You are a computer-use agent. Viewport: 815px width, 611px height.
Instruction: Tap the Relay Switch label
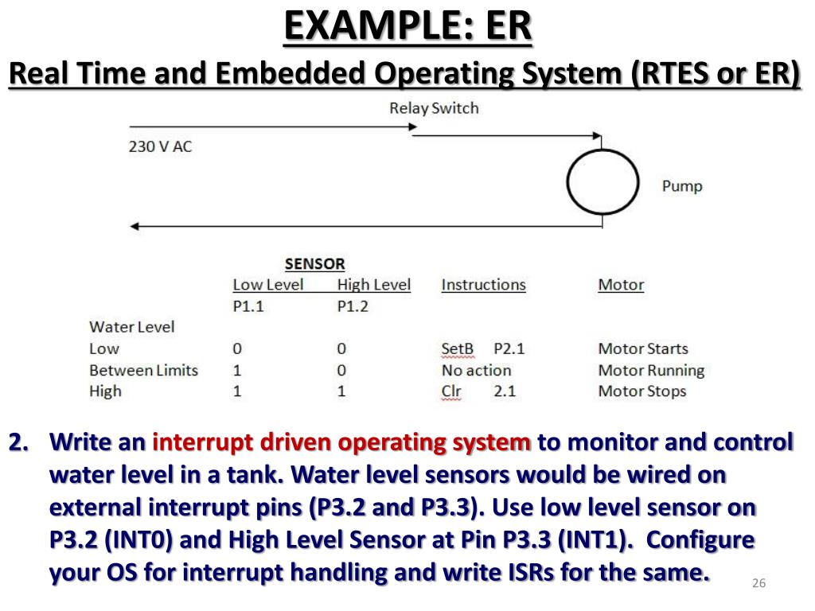pyautogui.click(x=434, y=108)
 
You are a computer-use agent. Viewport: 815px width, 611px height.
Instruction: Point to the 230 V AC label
pyautogui.click(x=161, y=147)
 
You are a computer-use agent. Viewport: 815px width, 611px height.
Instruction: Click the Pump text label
pyautogui.click(x=682, y=186)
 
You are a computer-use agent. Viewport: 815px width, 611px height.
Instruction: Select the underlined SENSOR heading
pyautogui.click(x=315, y=263)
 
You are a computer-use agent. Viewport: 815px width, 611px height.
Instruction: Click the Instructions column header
pyautogui.click(x=483, y=285)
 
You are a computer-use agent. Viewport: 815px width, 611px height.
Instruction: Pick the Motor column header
pyautogui.click(x=621, y=285)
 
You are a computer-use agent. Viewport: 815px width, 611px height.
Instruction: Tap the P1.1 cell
pyautogui.click(x=248, y=306)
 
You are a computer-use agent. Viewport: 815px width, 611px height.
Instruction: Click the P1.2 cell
pyautogui.click(x=353, y=306)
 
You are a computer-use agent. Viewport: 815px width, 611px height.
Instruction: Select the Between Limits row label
pyautogui.click(x=143, y=370)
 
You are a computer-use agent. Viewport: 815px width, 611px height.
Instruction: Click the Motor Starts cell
pyautogui.click(x=643, y=348)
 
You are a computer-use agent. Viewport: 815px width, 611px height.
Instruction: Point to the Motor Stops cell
pyautogui.click(x=641, y=391)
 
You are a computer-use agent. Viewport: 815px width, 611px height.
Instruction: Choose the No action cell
pyautogui.click(x=476, y=370)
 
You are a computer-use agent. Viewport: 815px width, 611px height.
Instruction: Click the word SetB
pyautogui.click(x=458, y=348)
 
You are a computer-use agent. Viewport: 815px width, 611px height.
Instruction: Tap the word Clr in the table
pyautogui.click(x=451, y=391)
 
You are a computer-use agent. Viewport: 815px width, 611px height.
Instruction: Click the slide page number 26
pyautogui.click(x=758, y=585)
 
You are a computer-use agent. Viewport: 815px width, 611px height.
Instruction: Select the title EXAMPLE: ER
pyautogui.click(x=407, y=26)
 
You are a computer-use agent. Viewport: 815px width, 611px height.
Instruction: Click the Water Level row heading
pyautogui.click(x=132, y=327)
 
